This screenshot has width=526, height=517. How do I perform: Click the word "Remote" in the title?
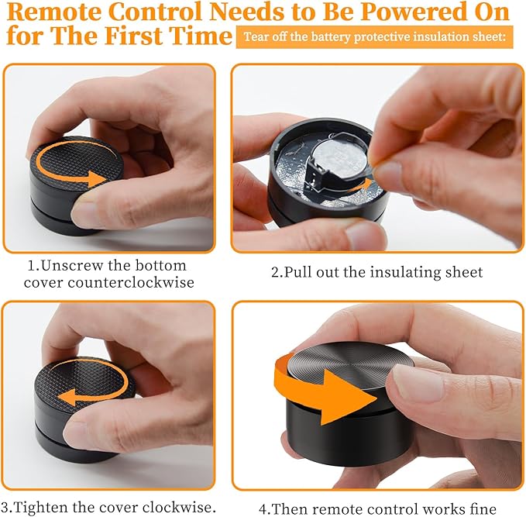point(54,12)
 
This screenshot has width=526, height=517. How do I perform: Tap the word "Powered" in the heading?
point(406,12)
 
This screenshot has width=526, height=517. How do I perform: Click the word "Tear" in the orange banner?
point(256,36)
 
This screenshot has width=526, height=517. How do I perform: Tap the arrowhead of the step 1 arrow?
point(98,179)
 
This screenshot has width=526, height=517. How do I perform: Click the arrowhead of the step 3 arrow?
point(67,398)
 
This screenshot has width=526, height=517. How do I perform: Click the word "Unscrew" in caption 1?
point(71,265)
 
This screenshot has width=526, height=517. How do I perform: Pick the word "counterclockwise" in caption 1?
point(131,282)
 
